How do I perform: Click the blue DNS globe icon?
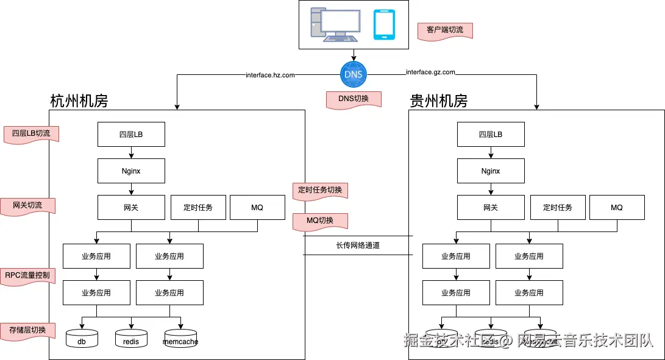click(x=354, y=74)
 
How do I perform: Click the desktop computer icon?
click(x=333, y=24)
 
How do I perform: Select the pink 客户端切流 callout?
click(x=445, y=30)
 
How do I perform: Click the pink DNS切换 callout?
click(x=354, y=99)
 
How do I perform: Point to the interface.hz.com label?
click(x=270, y=75)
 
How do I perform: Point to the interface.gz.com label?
click(x=430, y=72)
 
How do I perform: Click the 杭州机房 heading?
click(x=79, y=101)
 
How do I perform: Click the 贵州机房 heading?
click(x=439, y=101)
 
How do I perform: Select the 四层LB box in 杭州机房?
click(x=131, y=135)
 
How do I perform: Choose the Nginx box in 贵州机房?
click(x=491, y=171)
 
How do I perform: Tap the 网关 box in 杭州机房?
click(x=131, y=208)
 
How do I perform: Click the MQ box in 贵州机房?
click(x=617, y=208)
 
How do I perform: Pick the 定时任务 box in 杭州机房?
click(x=198, y=208)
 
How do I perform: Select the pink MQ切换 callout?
click(x=320, y=221)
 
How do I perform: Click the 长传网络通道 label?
click(x=358, y=245)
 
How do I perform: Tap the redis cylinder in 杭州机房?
click(x=131, y=339)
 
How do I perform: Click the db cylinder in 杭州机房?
click(x=82, y=339)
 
